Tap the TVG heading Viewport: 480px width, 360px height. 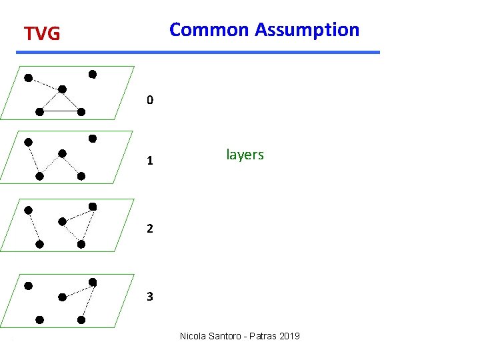pos(42,33)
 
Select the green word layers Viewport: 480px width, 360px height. pos(245,155)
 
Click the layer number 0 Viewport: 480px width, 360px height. pos(150,101)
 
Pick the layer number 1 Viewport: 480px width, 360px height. pos(150,161)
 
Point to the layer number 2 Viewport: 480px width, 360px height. pos(150,229)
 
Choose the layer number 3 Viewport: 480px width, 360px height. pos(150,297)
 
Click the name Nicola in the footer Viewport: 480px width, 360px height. pos(194,336)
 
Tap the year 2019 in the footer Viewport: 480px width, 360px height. pos(288,336)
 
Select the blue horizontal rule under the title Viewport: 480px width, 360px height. pos(200,52)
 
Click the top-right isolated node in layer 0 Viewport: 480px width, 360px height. pos(93,73)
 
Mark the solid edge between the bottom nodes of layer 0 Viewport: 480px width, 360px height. pos(60,111)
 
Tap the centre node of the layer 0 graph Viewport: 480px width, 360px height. pos(62,89)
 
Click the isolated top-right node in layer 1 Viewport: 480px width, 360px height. pos(93,139)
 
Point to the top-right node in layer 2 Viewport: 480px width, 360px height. pos(93,207)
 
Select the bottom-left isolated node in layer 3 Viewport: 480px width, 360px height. pos(40,320)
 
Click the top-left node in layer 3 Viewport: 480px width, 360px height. pos(28,286)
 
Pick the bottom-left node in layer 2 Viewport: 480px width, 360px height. pos(40,244)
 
